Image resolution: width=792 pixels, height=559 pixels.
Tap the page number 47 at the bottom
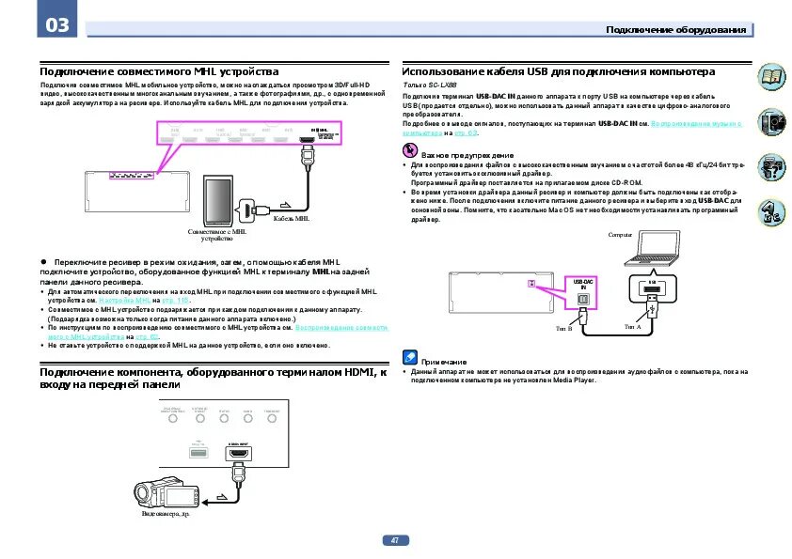[395, 540]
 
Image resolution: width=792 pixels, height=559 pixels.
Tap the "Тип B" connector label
[564, 328]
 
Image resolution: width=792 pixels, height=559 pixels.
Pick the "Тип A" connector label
[632, 326]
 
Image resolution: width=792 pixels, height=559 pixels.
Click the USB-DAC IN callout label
[582, 283]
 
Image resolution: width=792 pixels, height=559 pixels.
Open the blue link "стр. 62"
[147, 336]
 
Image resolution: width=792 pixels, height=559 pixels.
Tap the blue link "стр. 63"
[467, 132]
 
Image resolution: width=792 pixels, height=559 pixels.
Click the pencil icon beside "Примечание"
[409, 358]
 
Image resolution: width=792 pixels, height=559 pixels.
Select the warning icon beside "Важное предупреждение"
[409, 152]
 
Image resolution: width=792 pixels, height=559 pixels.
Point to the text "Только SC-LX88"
[428, 85]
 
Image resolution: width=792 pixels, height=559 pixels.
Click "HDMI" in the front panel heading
[346, 373]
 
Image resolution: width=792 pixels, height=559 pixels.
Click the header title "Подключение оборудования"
[676, 30]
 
